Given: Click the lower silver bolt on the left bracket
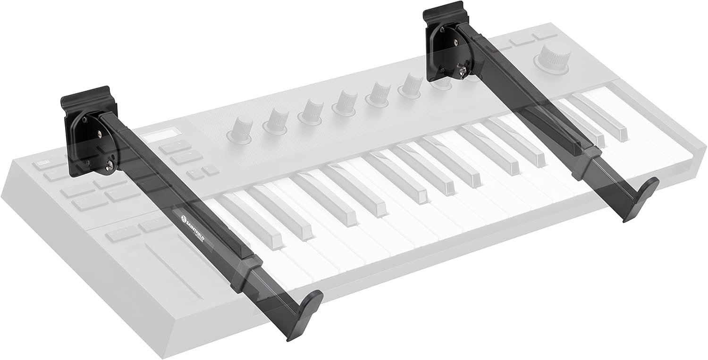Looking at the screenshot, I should pyautogui.click(x=111, y=165).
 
